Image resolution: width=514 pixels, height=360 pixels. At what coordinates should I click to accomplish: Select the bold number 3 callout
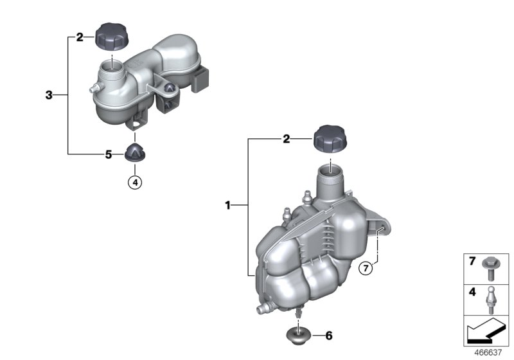tap(49, 95)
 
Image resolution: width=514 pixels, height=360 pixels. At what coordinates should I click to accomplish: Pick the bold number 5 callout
tap(109, 154)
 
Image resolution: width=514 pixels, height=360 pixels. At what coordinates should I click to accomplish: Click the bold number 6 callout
tap(328, 336)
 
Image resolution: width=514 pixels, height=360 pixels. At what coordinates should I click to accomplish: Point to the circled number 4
tap(134, 183)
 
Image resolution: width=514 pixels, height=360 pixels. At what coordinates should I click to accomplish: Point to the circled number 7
tap(365, 269)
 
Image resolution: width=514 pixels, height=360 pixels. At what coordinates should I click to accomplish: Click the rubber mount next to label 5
tap(135, 153)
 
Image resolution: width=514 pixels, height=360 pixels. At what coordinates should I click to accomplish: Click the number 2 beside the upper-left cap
tap(80, 37)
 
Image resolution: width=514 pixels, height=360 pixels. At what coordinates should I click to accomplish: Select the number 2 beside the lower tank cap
tap(285, 138)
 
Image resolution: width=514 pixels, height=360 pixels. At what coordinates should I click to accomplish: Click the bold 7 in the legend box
tap(472, 262)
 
